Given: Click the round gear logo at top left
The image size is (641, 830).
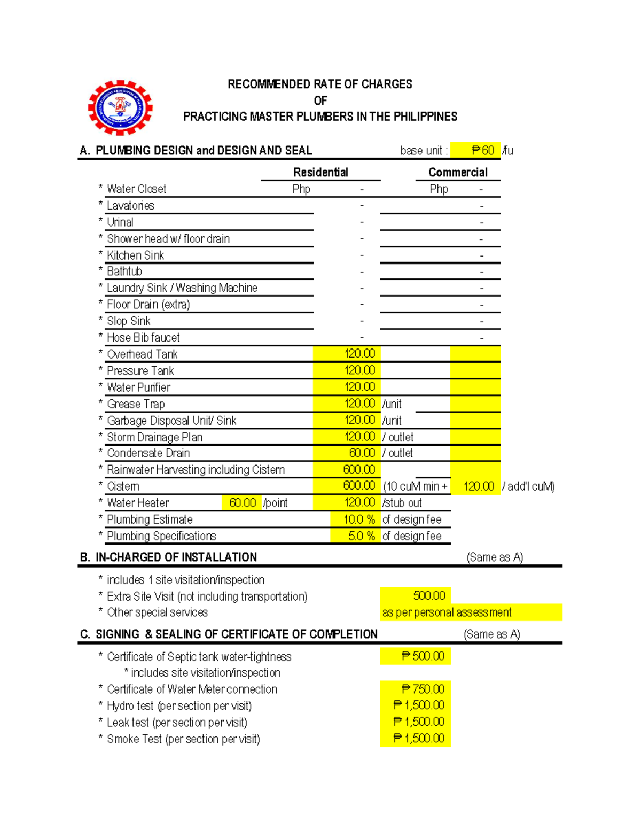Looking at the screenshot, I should point(120,107).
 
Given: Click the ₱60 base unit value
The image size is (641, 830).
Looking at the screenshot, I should point(482,151).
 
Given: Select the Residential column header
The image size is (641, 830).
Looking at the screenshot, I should point(320,172).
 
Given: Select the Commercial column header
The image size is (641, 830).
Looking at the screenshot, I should point(458,172).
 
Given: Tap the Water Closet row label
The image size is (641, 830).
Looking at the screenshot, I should point(136,189).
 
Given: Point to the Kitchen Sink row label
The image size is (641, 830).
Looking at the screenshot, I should point(135,255).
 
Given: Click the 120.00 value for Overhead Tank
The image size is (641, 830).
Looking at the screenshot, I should point(359,354).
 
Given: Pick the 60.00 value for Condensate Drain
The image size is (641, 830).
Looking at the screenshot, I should point(362,453).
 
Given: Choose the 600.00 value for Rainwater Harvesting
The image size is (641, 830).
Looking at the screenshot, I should point(359,470).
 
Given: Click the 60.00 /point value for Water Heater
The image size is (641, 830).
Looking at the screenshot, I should point(243,503).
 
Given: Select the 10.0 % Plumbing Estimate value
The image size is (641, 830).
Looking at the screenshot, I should point(359,519).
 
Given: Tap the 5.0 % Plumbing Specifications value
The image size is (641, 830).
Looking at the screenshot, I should point(361,536).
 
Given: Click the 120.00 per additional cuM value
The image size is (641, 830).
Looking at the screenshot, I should point(479,486).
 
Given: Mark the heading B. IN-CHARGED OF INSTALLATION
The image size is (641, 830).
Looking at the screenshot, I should point(168,557).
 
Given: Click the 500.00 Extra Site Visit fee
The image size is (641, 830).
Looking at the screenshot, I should point(429,596).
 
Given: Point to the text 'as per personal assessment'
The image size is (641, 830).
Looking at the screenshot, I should point(447,612).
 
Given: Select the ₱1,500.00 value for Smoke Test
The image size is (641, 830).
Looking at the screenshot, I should point(419,739).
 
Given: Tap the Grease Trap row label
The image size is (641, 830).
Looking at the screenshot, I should point(136,404).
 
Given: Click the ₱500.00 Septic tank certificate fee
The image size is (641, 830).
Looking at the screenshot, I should point(423,656).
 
